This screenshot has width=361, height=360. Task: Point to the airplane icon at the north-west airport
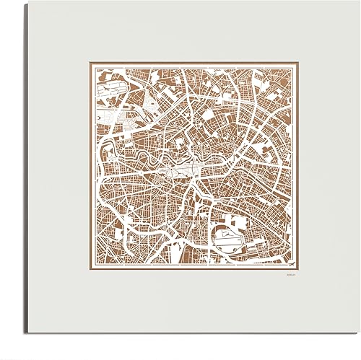(106, 93)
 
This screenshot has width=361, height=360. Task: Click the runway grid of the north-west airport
(108, 94)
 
